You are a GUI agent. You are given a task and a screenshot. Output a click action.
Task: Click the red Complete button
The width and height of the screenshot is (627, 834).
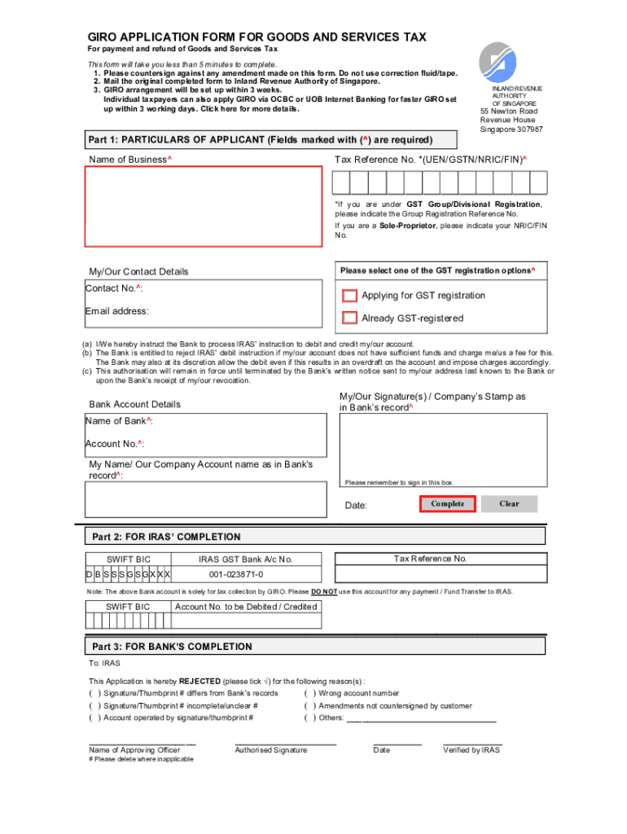(448, 504)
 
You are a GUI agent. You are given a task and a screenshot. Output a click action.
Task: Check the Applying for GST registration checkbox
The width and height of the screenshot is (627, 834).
(349, 296)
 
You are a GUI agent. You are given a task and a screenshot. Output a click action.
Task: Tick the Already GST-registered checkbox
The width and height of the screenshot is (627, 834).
(349, 318)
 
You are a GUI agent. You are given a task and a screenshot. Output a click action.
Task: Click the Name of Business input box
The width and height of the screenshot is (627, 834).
(204, 207)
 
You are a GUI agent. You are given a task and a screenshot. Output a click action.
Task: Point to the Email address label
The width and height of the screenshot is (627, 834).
(117, 311)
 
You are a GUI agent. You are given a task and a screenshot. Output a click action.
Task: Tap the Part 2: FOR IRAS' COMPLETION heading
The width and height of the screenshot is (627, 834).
(165, 537)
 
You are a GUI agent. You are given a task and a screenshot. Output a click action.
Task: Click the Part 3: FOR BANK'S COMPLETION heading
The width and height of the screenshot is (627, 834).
(171, 647)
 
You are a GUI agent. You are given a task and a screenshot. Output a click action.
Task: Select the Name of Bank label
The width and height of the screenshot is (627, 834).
(119, 421)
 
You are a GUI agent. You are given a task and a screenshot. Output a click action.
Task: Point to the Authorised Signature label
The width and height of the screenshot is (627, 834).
(271, 750)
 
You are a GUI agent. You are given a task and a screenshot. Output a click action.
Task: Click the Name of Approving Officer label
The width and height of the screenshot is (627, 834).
(134, 750)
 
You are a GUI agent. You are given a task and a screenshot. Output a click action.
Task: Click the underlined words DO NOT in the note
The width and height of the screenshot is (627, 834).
(324, 591)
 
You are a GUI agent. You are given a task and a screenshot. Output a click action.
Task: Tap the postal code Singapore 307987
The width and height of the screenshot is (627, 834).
(511, 129)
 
